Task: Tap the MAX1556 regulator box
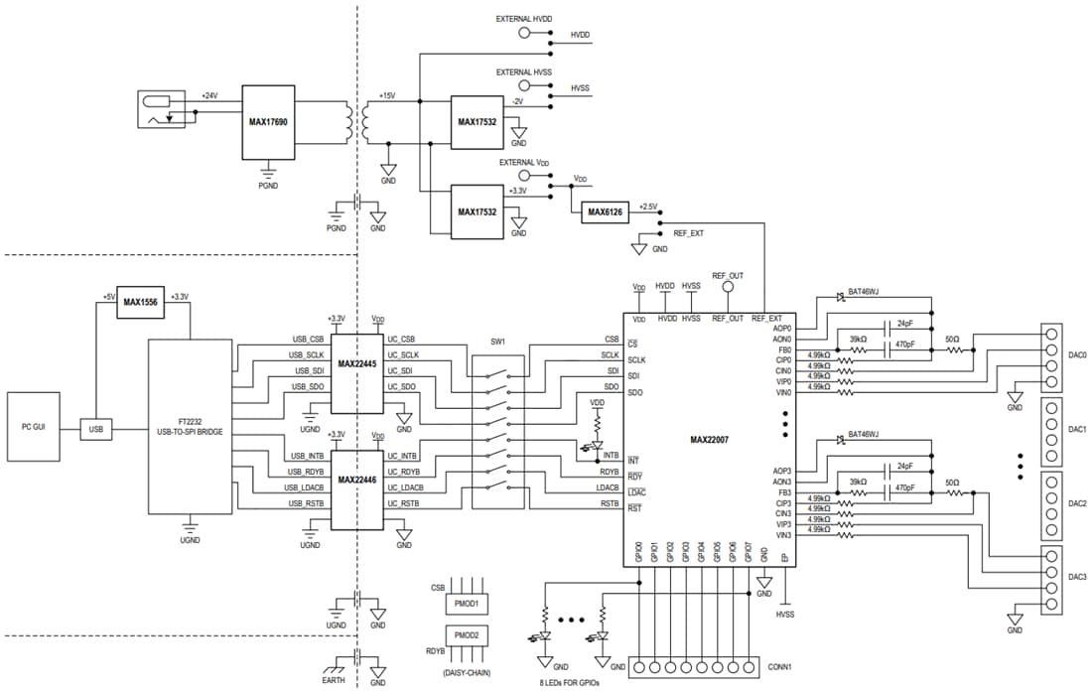(140, 302)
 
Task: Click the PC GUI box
(33, 429)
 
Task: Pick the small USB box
(96, 429)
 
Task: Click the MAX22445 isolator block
(357, 364)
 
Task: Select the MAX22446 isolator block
(357, 480)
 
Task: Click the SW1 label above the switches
(498, 343)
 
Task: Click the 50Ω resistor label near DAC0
(952, 340)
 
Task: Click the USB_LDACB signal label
(305, 487)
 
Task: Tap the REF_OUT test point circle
(727, 288)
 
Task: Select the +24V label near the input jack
(209, 95)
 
